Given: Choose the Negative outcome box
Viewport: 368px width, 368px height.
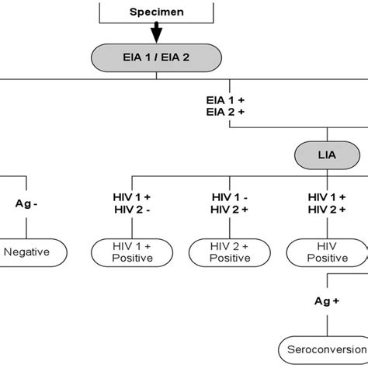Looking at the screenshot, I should [27, 252].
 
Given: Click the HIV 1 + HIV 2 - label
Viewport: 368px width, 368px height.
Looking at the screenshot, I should [132, 203].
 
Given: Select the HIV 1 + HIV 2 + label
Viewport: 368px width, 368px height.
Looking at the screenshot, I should [326, 203].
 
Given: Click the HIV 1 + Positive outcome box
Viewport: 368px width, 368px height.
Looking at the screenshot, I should [132, 252].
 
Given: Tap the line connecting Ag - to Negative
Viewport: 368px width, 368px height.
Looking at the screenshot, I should [27, 227].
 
